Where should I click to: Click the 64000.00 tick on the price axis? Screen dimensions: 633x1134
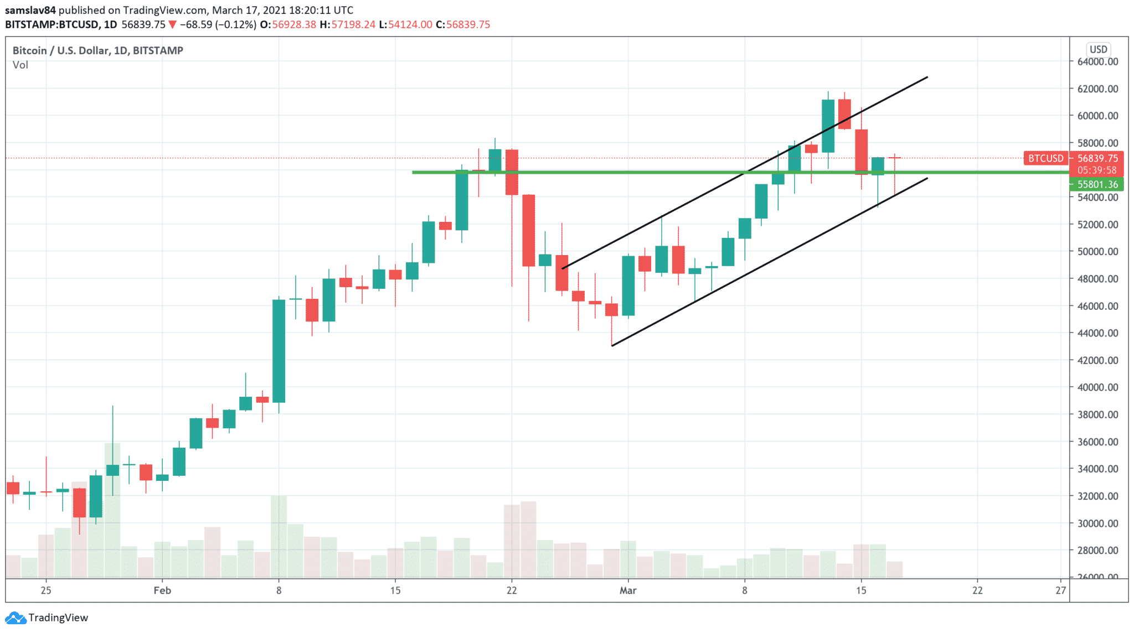pos(1097,61)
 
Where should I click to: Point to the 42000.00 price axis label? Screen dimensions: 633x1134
pos(1097,360)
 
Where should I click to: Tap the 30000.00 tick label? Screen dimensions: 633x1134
pos(1097,523)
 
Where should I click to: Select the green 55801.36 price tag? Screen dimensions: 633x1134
pos(1097,184)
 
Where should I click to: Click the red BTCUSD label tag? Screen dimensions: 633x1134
pos(1045,158)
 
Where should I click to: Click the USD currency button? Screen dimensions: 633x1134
pos(1098,49)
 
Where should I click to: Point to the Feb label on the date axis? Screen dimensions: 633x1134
pos(162,590)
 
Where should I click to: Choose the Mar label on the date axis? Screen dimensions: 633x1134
pos(628,590)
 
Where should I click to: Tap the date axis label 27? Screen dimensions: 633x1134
pos(1060,590)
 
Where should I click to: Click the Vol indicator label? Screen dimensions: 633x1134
pos(20,65)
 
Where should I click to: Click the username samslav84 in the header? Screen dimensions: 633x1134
pos(30,10)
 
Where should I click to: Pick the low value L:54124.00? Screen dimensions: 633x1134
pos(405,24)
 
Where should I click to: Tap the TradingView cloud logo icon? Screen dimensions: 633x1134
pos(15,618)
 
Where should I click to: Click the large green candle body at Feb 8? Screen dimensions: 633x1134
pos(279,351)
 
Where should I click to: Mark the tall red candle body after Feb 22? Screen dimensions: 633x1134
pos(528,230)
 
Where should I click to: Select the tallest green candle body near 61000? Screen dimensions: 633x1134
pos(828,126)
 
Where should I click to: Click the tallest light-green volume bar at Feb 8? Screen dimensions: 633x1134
pos(279,536)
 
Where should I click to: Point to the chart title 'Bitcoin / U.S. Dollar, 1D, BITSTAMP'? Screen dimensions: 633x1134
pos(98,50)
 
